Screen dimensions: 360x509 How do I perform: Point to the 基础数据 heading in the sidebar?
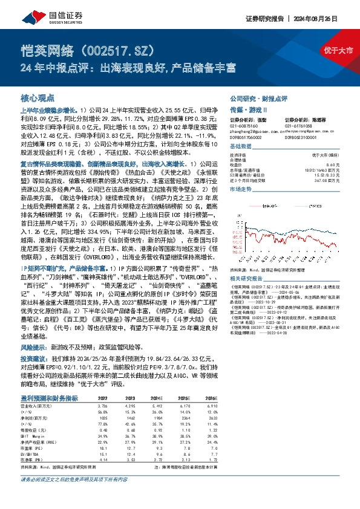point(240,147)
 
